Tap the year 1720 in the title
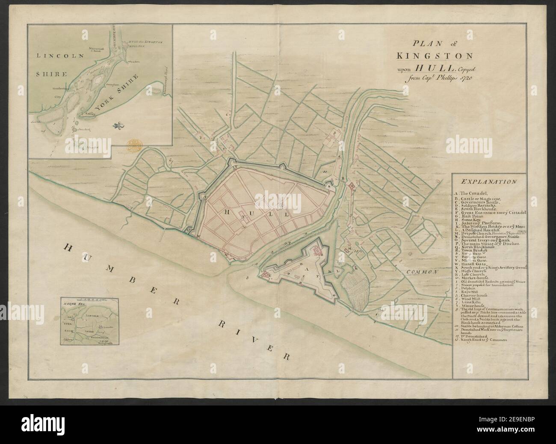pyautogui.click(x=469, y=77)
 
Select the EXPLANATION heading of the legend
pyautogui.click(x=486, y=181)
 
